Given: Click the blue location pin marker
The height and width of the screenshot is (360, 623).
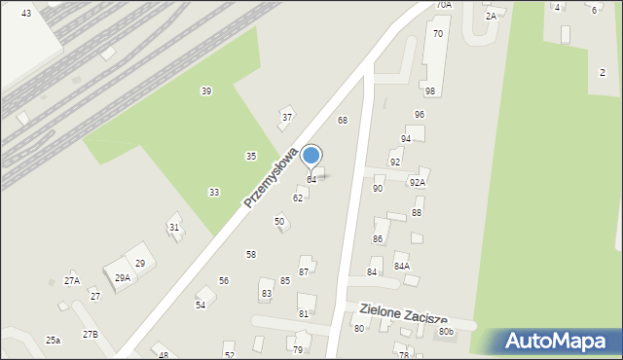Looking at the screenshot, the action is tap(311, 156).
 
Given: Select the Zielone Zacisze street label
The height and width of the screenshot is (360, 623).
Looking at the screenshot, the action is tap(403, 313).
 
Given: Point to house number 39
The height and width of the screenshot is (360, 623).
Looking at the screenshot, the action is tap(206, 90).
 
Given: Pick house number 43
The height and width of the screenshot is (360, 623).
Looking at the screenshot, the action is tap(25, 13).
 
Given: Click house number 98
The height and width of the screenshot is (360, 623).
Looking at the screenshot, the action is tap(429, 90).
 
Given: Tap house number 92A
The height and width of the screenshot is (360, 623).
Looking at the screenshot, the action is tap(418, 182).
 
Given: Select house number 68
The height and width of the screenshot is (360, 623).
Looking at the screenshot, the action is tap(343, 120).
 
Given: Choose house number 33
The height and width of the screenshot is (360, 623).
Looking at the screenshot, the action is tap(214, 192).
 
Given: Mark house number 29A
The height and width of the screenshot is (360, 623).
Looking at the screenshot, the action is tap(123, 277).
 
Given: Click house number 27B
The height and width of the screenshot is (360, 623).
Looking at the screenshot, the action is tap(91, 334).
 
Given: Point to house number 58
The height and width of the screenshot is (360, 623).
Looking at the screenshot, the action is tap(251, 254).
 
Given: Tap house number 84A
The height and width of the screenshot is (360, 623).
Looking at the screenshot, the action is tap(401, 266).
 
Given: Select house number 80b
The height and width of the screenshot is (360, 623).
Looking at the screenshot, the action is tap(446, 332).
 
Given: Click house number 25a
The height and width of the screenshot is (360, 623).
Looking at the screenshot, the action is tap(53, 340).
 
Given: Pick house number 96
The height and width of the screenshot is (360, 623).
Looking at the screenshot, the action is tap(419, 114).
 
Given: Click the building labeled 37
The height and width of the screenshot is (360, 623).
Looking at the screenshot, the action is tap(286, 117).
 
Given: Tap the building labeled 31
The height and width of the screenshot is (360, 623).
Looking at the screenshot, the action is tap(174, 227).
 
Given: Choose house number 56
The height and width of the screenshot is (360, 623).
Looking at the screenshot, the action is tap(224, 280).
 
